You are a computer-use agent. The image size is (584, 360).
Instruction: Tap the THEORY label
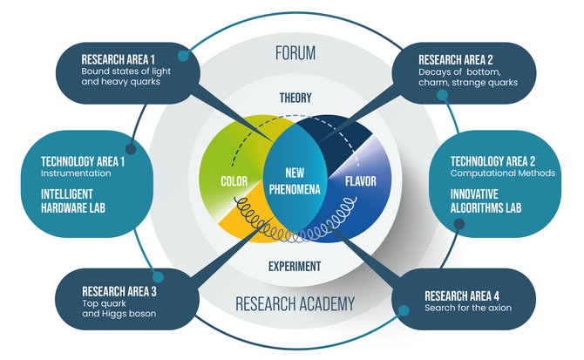tap(295, 98)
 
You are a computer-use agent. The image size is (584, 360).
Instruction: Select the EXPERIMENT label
tap(295, 266)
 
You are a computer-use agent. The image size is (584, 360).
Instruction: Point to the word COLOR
tap(236, 182)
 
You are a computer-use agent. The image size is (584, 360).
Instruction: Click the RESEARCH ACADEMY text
tap(295, 303)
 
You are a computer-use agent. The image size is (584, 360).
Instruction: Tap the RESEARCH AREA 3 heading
tap(119, 291)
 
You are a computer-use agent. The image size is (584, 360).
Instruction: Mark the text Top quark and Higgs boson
tap(119, 309)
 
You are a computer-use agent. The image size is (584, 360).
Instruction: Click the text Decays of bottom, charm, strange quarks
tap(467, 77)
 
